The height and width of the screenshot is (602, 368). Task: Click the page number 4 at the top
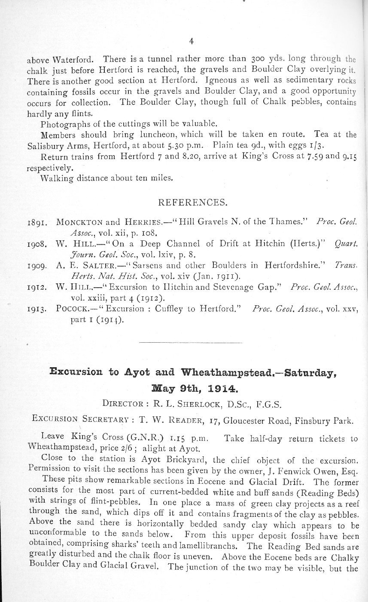point(191,41)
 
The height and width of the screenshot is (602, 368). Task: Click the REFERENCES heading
point(193,202)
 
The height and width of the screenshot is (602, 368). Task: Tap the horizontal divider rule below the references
point(191,342)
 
